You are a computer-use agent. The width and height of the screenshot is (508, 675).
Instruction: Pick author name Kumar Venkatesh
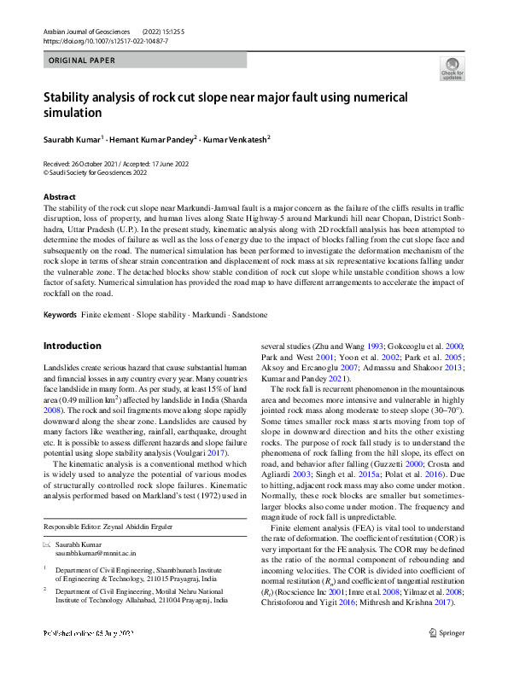[x=236, y=138]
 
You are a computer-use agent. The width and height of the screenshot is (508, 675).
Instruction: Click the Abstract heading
[x=60, y=197]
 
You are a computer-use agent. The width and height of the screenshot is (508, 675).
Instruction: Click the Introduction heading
[x=73, y=346]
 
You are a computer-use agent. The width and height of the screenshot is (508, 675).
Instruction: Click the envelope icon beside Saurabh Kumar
[x=48, y=544]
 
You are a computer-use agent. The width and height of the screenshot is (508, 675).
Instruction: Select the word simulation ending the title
[x=73, y=113]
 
